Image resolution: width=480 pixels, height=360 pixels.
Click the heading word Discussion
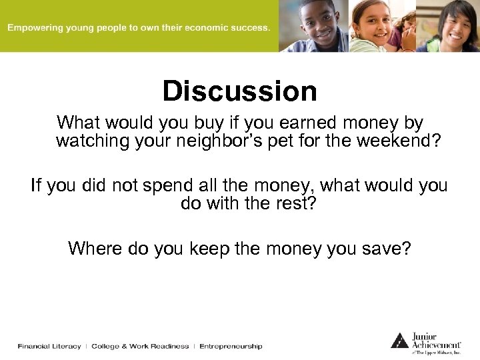coord(240,91)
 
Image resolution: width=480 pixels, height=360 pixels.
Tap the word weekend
coord(393,141)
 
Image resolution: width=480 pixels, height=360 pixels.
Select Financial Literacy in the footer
coord(49,346)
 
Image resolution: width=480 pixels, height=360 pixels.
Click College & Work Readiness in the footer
coord(140,346)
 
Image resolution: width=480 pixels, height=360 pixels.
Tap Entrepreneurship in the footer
coord(231,346)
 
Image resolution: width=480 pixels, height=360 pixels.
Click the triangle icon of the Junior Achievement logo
coord(399,341)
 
